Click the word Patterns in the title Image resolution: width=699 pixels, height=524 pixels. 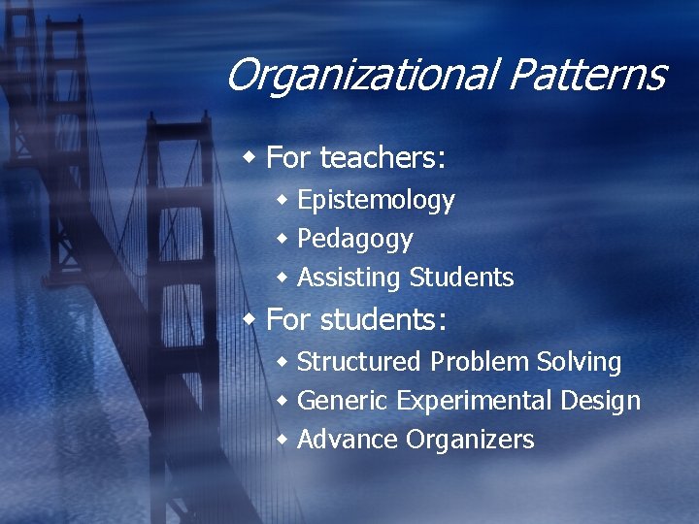587,75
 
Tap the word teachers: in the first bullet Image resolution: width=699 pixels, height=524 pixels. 383,156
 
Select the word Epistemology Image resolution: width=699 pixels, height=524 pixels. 376,201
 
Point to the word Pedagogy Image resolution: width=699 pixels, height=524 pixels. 354,240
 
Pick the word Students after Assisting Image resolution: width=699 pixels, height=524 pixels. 461,278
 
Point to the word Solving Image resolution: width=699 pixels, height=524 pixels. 579,363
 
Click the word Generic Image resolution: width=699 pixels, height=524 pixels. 342,401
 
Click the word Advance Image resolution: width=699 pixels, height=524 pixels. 348,440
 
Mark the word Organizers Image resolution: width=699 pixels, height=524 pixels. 470,441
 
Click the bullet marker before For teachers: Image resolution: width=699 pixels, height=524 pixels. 251,155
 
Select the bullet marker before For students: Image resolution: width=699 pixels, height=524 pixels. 251,317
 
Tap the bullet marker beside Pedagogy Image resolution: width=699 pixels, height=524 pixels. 283,239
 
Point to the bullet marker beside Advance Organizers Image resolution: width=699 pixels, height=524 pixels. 283,440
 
